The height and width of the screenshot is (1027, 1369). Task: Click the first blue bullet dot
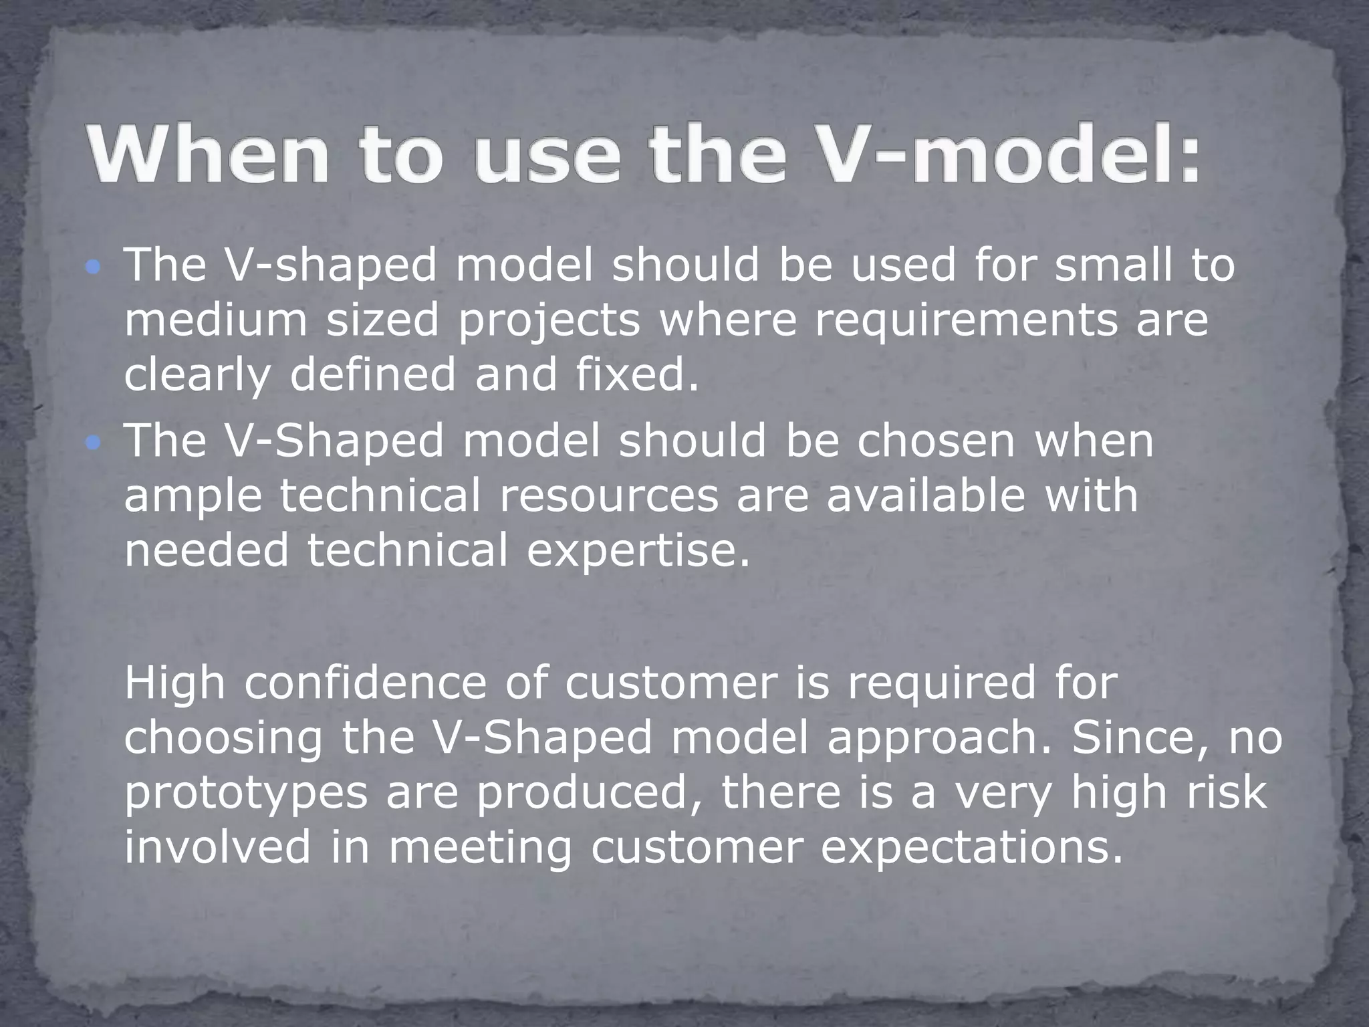pyautogui.click(x=94, y=268)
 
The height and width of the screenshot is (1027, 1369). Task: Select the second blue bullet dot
pyautogui.click(x=94, y=443)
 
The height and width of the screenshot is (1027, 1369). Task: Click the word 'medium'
pyautogui.click(x=216, y=320)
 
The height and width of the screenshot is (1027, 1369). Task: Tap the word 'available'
pyautogui.click(x=926, y=495)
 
